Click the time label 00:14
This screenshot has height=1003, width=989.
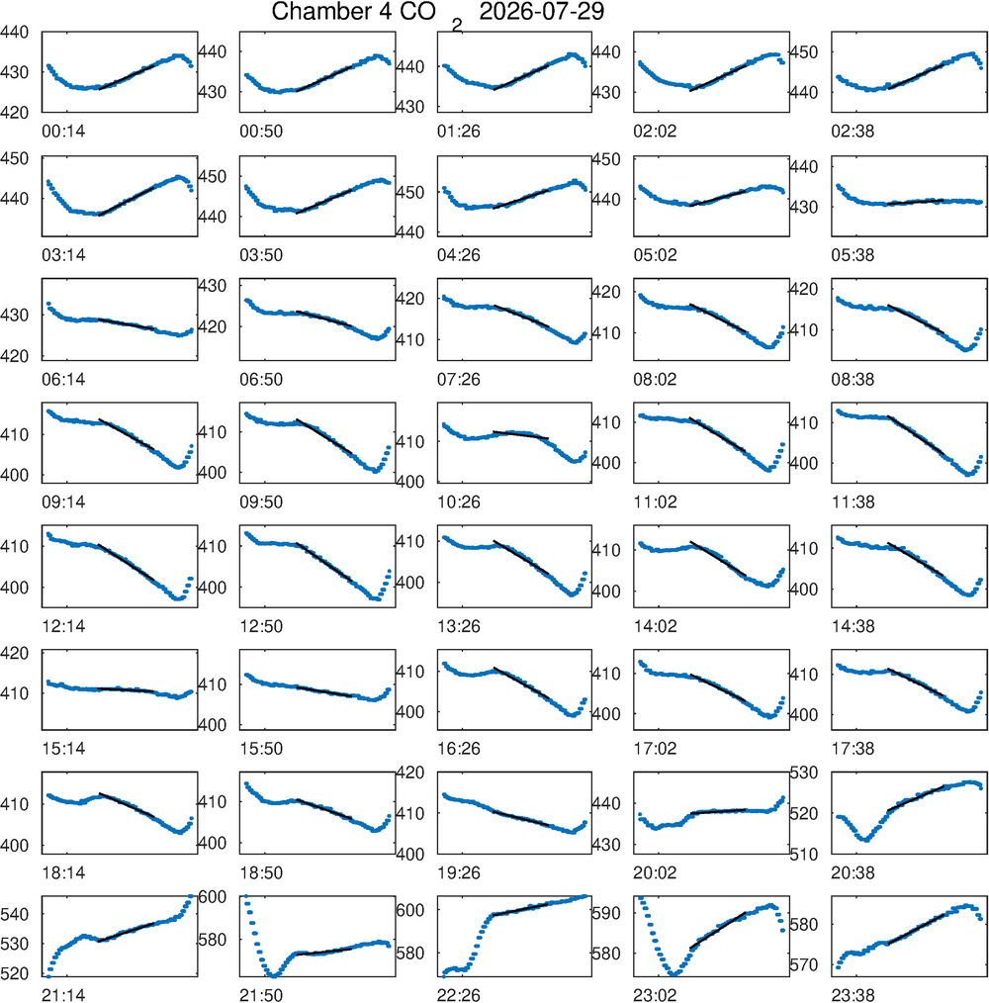[63, 132]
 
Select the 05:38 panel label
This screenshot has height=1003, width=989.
[853, 255]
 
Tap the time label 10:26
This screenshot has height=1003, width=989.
[459, 502]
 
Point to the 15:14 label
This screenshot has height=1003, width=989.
[63, 749]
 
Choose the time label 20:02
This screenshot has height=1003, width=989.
[655, 872]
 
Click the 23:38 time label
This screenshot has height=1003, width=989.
[853, 995]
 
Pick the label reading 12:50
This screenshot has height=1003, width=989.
[261, 626]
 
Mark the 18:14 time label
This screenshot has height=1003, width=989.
[63, 872]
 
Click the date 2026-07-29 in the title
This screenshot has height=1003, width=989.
[541, 12]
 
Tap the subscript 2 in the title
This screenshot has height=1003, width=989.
[456, 26]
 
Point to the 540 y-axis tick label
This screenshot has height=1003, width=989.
[15, 914]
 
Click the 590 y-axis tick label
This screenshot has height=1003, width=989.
[606, 913]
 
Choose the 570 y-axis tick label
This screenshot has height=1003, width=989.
[803, 964]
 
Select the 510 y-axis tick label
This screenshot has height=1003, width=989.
[803, 854]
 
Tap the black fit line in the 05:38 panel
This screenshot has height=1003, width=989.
[916, 202]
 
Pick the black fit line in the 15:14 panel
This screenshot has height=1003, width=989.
[126, 689]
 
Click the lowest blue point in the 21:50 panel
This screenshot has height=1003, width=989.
[274, 976]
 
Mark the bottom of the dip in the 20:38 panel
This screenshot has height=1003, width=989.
[866, 839]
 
